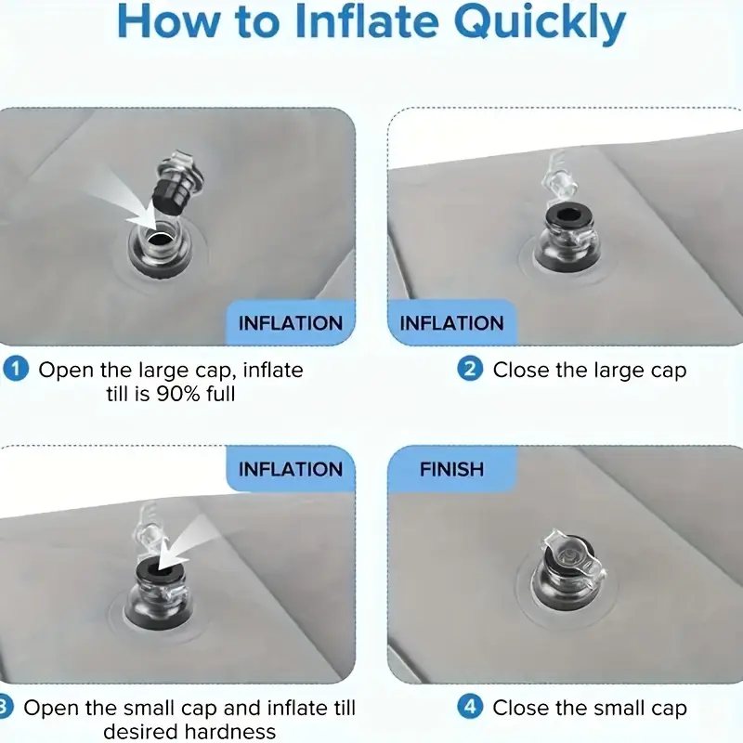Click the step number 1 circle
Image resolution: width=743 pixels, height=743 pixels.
pos(16,369)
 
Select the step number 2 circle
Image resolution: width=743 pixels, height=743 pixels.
pos(470,369)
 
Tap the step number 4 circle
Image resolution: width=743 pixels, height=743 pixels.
pos(470,707)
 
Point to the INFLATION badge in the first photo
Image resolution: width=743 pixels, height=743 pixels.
pos(291,323)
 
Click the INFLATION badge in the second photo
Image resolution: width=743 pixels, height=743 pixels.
pos(451,323)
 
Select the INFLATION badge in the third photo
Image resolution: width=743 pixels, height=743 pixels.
pos(291,469)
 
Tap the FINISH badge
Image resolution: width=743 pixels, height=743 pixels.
pos(451,469)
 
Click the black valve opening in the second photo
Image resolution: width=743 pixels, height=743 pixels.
pos(566,215)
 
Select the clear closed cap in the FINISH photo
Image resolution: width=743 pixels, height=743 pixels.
pos(572,554)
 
